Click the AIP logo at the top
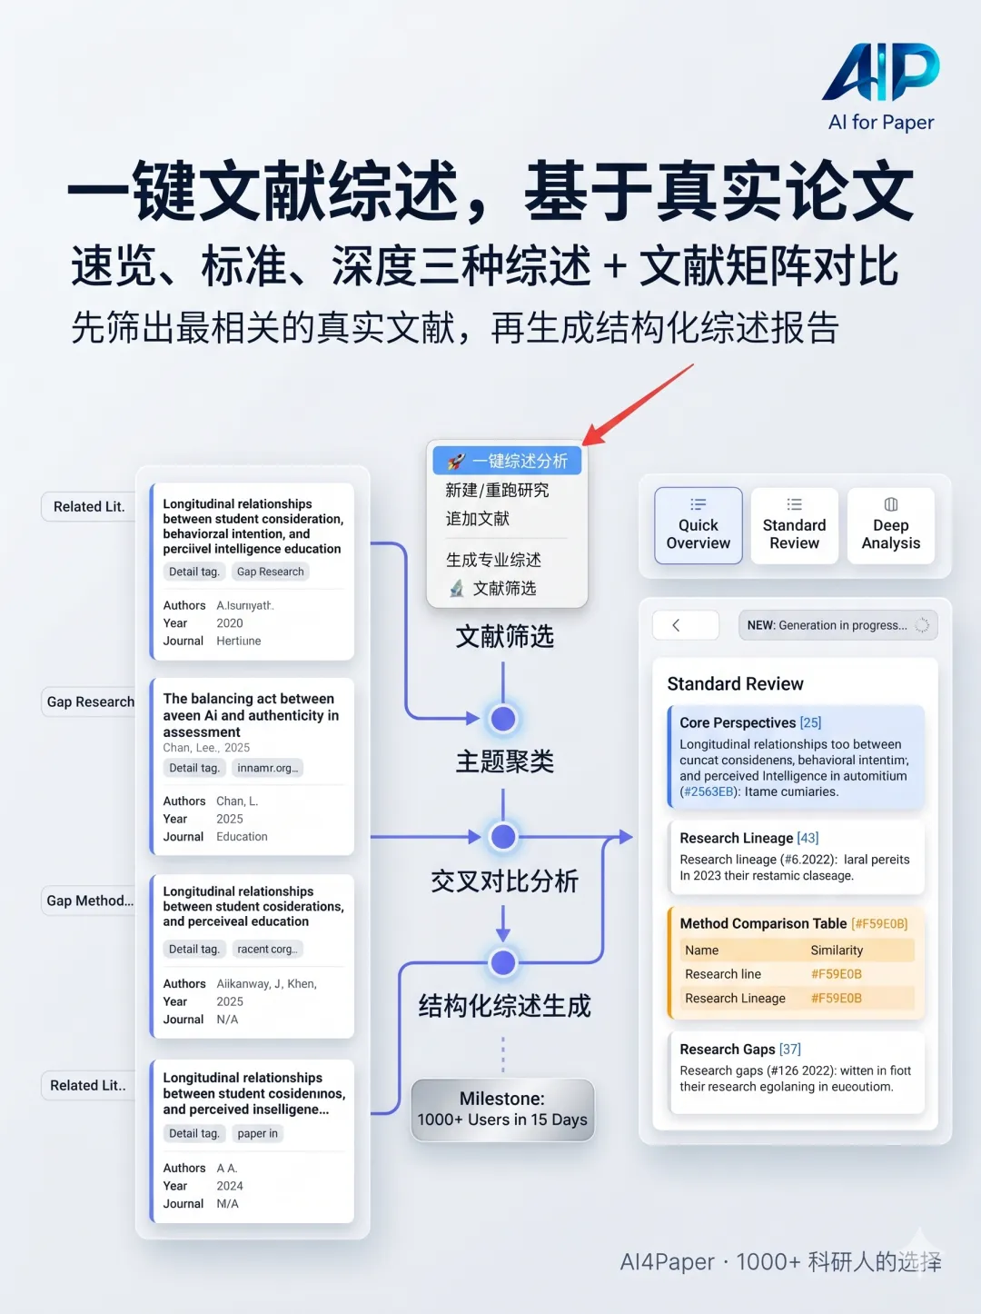pos(880,73)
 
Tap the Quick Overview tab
pos(698,525)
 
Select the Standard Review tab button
pos(794,525)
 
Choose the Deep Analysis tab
pos(890,525)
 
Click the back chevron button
pos(676,625)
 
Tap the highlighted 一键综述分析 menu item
pos(507,461)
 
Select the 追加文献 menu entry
pos(478,519)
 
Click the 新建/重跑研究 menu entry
pos(497,491)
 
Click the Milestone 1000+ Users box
pos(502,1110)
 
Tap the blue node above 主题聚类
pos(503,719)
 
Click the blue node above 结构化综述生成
pos(503,962)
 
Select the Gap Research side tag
pos(90,702)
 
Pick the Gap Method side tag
pos(89,901)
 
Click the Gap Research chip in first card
pos(270,572)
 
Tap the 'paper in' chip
pos(257,1133)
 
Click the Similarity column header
pos(837,951)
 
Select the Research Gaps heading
pos(728,1050)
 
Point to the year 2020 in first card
pos(230,623)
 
